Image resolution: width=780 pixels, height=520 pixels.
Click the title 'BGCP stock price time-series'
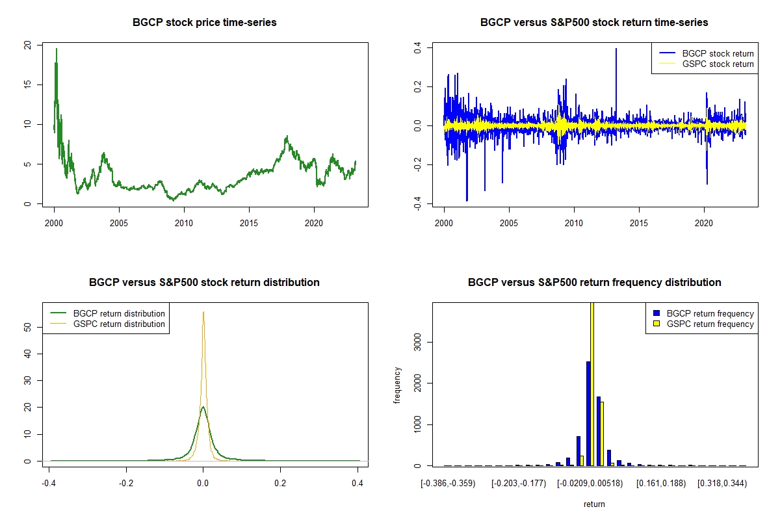204,22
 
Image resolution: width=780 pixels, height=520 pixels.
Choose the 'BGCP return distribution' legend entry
108,313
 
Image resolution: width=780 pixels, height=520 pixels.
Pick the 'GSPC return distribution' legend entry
108,324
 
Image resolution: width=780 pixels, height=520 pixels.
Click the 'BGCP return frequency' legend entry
703,313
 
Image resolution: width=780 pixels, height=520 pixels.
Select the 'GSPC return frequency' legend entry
703,324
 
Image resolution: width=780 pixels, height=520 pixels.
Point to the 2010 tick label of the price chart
184,223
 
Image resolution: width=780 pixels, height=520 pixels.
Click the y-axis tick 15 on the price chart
27,84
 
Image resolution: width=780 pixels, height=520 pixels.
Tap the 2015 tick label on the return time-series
639,223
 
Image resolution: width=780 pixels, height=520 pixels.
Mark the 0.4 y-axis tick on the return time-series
417,47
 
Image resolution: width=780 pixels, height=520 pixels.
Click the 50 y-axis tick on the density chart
27,327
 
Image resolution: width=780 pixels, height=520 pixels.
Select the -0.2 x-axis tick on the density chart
126,484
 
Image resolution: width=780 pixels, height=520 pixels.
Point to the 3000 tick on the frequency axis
417,343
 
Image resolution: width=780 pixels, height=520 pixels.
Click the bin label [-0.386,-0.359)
448,484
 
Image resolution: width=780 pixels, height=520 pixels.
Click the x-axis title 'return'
594,504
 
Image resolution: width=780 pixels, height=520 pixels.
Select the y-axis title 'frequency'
397,385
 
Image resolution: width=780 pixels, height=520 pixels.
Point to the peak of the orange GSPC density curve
203,312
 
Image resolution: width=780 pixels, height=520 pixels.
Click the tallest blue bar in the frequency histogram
588,413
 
